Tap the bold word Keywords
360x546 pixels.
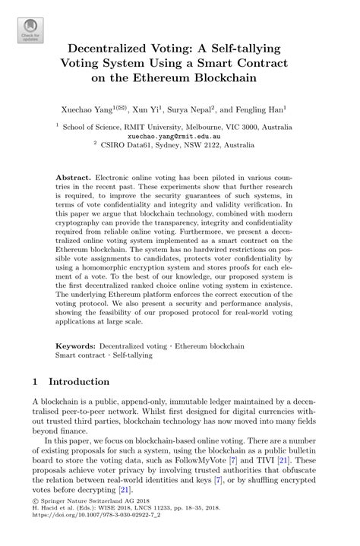point(77,346)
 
